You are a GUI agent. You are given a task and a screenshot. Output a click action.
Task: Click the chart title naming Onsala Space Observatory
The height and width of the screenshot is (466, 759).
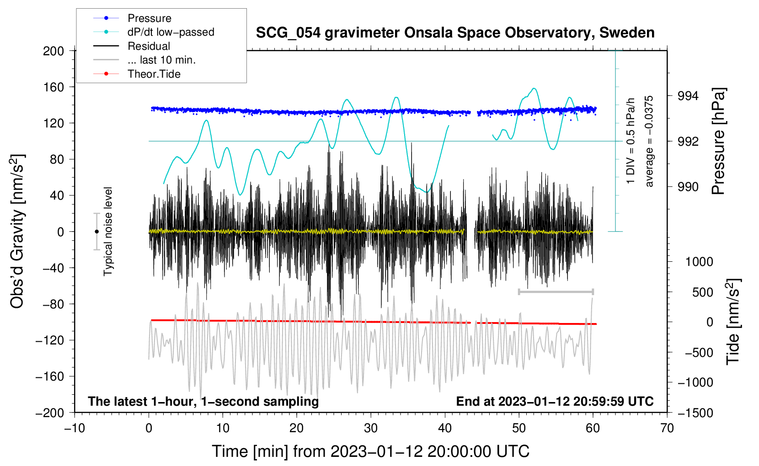click(455, 33)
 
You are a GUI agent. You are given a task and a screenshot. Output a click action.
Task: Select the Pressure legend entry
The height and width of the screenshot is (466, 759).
click(149, 18)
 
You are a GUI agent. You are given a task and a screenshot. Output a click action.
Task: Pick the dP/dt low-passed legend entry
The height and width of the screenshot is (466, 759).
click(171, 32)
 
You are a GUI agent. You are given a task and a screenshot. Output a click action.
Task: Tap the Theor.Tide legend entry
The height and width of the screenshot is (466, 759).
click(154, 74)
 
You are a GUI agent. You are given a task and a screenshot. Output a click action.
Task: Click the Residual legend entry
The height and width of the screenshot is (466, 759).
click(149, 46)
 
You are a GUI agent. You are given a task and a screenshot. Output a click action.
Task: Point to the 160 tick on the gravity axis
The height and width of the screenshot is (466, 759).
click(53, 87)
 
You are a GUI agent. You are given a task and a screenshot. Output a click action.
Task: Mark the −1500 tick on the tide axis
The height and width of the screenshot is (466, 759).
click(695, 413)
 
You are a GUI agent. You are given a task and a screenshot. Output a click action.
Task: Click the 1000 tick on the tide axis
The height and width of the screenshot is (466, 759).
click(699, 262)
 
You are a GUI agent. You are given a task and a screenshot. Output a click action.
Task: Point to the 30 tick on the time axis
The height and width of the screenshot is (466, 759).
click(371, 428)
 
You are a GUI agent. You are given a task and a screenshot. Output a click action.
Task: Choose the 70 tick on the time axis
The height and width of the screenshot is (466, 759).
click(667, 428)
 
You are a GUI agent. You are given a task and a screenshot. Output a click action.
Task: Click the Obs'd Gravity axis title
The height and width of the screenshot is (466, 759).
click(17, 231)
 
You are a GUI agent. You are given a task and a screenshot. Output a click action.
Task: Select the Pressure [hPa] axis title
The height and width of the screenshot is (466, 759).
click(719, 142)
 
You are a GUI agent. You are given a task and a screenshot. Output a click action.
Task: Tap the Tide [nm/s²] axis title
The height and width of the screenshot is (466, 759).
click(733, 322)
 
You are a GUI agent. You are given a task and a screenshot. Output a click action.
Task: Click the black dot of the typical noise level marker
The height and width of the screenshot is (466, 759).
click(96, 232)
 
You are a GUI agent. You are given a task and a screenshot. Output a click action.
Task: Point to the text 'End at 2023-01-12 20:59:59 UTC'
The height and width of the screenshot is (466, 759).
click(555, 401)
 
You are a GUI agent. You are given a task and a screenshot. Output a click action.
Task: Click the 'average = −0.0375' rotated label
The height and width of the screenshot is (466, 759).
click(649, 141)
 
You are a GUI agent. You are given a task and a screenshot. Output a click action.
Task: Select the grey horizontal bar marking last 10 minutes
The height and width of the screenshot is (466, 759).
click(556, 291)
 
